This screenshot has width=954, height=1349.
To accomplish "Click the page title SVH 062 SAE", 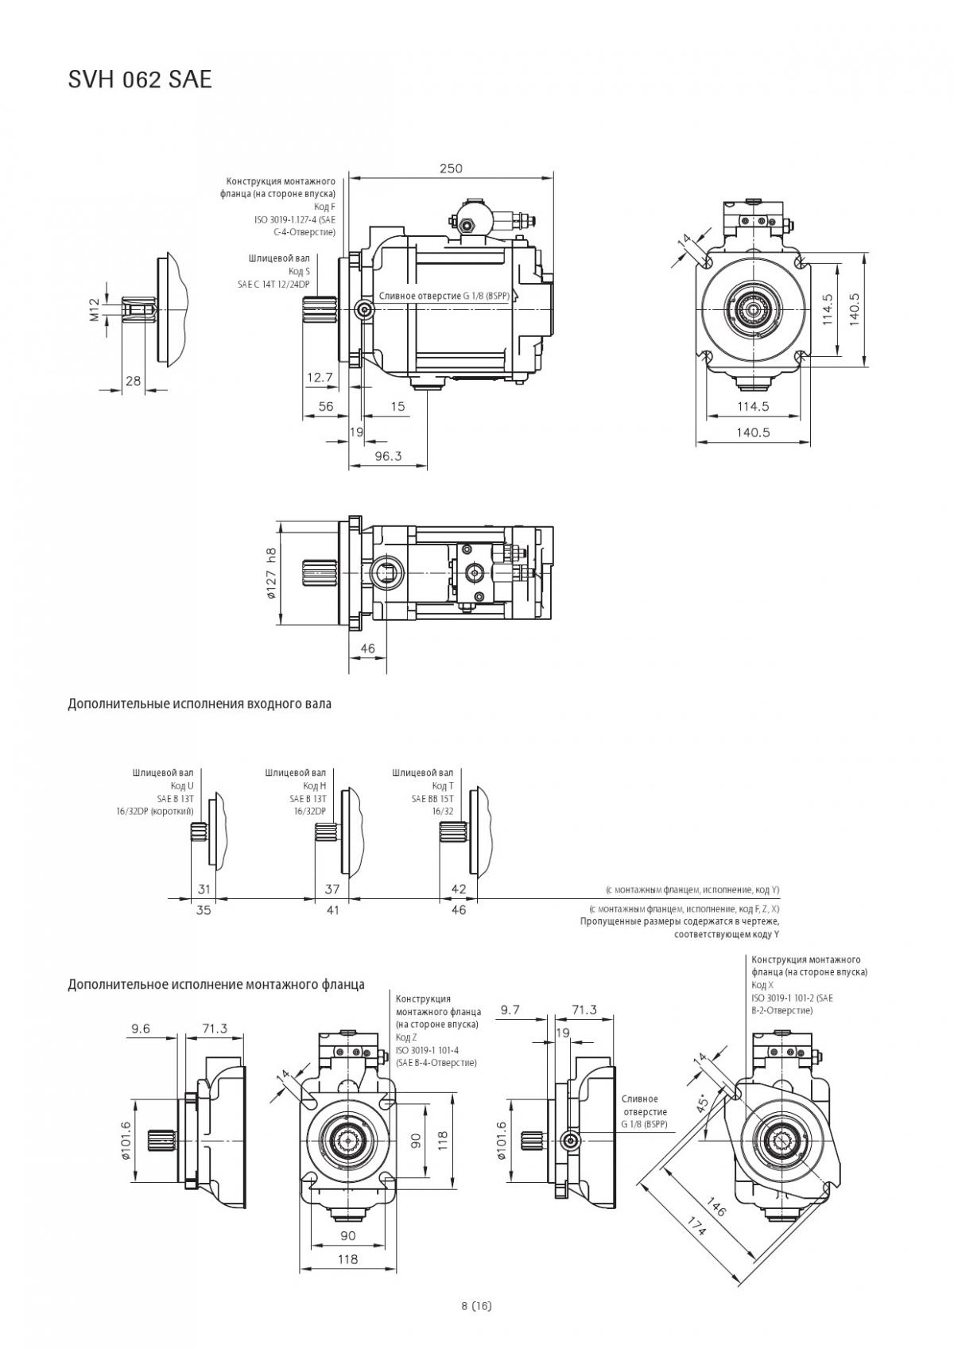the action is click(140, 79).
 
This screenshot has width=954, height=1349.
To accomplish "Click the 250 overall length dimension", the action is click(451, 168).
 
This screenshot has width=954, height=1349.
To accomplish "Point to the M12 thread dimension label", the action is click(95, 309).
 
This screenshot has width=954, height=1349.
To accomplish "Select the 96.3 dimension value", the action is click(388, 456).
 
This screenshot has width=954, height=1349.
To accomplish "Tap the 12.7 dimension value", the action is click(320, 378).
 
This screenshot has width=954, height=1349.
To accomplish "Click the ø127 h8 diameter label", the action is click(271, 573).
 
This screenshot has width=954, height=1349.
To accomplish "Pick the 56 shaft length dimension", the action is click(326, 406).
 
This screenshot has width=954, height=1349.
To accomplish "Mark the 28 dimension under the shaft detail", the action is click(133, 381).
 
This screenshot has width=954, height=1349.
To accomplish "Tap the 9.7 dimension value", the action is click(510, 1010).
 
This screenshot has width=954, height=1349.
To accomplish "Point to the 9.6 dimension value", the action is click(141, 1029).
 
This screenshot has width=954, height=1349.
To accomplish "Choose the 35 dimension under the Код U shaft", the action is click(204, 910).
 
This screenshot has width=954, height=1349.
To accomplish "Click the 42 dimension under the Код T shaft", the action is click(459, 889).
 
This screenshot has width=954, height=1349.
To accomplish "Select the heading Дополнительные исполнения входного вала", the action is click(200, 704).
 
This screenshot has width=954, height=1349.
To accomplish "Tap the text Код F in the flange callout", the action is click(328, 207).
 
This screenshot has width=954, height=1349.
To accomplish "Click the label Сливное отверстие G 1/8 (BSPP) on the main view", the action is click(448, 297).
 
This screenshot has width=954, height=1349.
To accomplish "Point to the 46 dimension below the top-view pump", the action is click(367, 648).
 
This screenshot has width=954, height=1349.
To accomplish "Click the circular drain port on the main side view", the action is click(364, 309).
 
